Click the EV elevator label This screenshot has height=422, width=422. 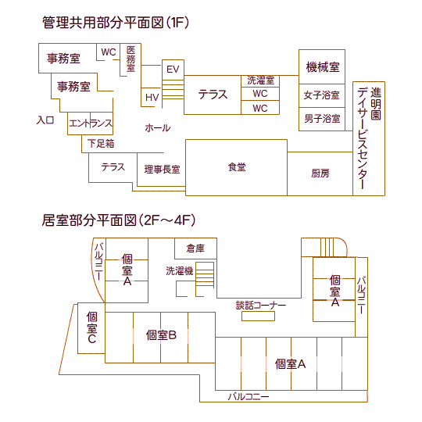tap(173, 70)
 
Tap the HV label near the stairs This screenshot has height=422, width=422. tap(152, 98)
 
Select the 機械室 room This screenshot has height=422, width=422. tap(322, 66)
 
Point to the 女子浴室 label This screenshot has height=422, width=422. tap(322, 95)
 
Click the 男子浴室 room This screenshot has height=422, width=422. tap(322, 120)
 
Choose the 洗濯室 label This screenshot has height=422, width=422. tap(260, 80)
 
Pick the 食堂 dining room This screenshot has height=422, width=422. tap(236, 167)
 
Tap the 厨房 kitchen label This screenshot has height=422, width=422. tap(320, 173)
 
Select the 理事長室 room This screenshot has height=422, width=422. tap(161, 170)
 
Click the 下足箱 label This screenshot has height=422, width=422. tap(101, 144)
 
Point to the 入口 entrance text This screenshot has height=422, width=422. tap(45, 120)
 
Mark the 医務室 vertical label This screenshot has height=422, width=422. tap(131, 59)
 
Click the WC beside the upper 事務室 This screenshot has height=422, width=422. tap(109, 52)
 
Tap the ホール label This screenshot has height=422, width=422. tap(158, 128)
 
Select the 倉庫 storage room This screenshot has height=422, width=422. tap(195, 249)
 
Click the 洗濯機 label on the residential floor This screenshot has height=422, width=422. tap(180, 270)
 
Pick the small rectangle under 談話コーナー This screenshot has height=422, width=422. tap(258, 316)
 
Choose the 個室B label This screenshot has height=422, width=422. tap(161, 335)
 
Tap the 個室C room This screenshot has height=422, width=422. tap(91, 328)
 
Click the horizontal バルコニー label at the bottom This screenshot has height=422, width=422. tap(249, 397)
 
